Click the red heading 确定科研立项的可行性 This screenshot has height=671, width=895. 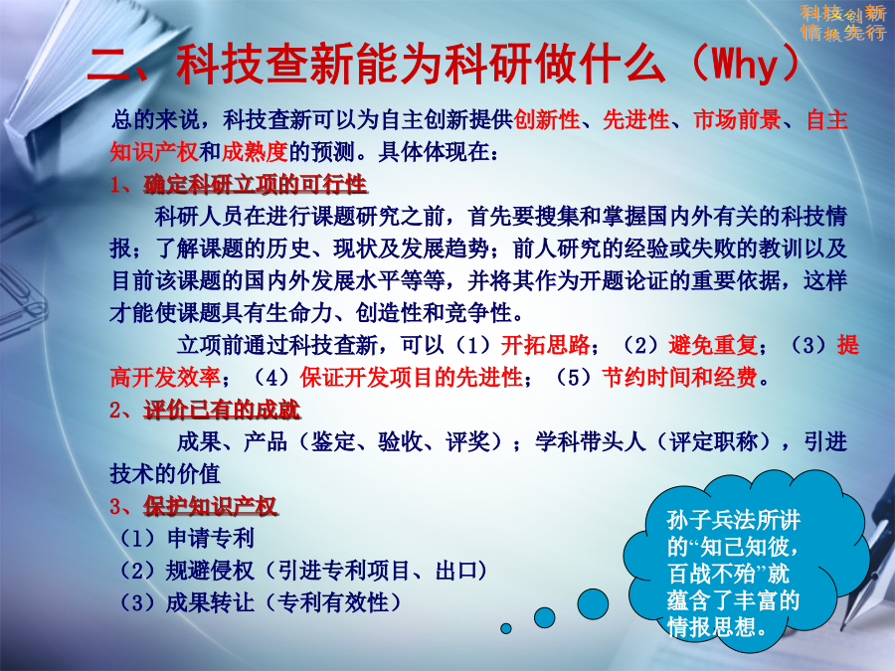coord(255,184)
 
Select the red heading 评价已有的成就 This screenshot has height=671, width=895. coord(222,410)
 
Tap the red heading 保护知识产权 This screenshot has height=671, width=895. coord(210,506)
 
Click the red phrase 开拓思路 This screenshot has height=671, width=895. coord(545,345)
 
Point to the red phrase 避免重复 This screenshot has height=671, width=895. coord(713,345)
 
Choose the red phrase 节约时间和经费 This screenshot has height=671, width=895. coord(679,377)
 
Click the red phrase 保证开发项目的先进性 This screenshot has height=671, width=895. coord(411,377)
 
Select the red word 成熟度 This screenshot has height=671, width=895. coord(255,152)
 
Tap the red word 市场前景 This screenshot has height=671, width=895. coord(738,120)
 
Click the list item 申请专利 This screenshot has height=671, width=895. coord(211,538)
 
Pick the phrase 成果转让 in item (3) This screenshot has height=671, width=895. coord(210,602)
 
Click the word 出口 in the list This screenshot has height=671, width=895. coord(456,570)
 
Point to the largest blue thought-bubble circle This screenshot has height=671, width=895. coord(593,604)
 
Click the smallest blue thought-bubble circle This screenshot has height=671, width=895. coord(506,628)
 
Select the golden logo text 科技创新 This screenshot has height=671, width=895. coord(842,13)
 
